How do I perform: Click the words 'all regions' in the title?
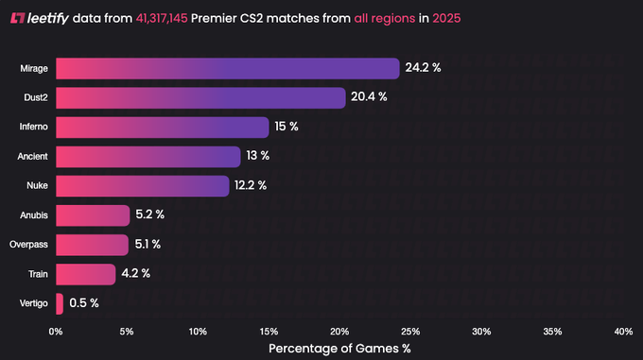384,18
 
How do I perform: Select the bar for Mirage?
227,69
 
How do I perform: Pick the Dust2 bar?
200,98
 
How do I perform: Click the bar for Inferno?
163,128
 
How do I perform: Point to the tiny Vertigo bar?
60,303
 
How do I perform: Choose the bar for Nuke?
142,186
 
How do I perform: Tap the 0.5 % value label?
84,303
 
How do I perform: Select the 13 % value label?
258,157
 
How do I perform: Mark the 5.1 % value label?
147,245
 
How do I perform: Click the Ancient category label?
33,157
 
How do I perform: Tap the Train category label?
37,274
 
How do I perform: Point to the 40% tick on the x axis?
623,331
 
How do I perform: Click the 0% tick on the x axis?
56,331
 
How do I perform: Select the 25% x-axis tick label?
410,331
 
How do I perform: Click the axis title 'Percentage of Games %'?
339,349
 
